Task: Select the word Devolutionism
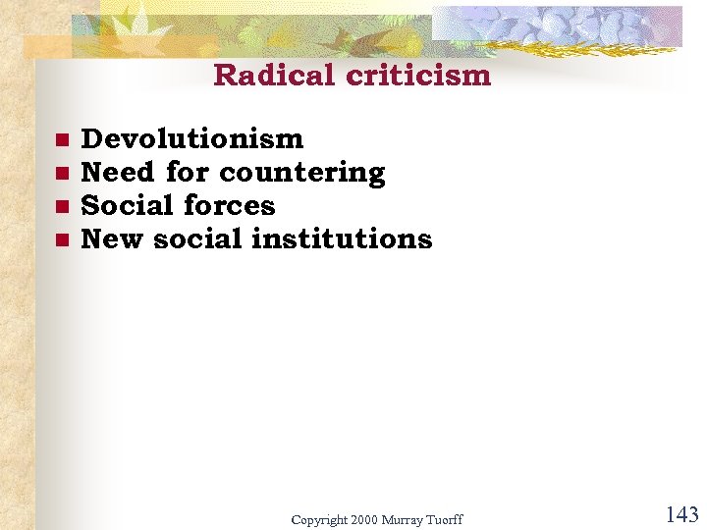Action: [192, 139]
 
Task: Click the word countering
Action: [302, 174]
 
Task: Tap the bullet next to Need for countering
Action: [61, 174]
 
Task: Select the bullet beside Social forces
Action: [61, 207]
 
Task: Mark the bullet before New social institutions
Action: [61, 240]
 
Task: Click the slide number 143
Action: [681, 514]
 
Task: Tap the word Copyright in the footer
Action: [318, 519]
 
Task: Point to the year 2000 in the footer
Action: [363, 518]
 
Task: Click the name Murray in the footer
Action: [404, 518]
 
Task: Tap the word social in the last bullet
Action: [197, 239]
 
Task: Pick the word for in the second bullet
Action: [188, 173]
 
